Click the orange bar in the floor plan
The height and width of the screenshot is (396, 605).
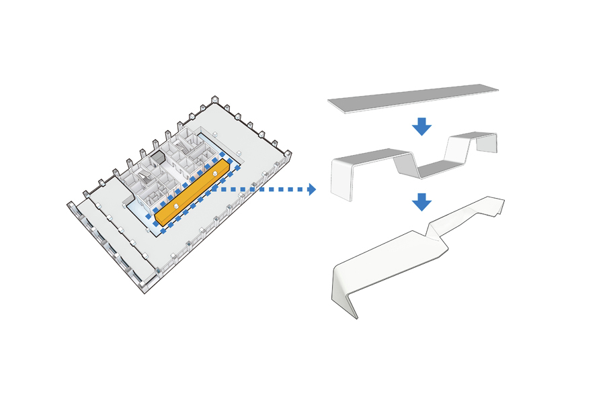[195, 191]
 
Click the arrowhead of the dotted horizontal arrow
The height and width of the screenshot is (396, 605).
[311, 189]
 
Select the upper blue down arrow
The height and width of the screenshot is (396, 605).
[421, 126]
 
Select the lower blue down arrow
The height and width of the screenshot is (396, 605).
[421, 201]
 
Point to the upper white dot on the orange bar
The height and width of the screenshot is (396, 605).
[215, 175]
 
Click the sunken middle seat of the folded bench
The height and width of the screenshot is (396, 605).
[440, 168]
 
